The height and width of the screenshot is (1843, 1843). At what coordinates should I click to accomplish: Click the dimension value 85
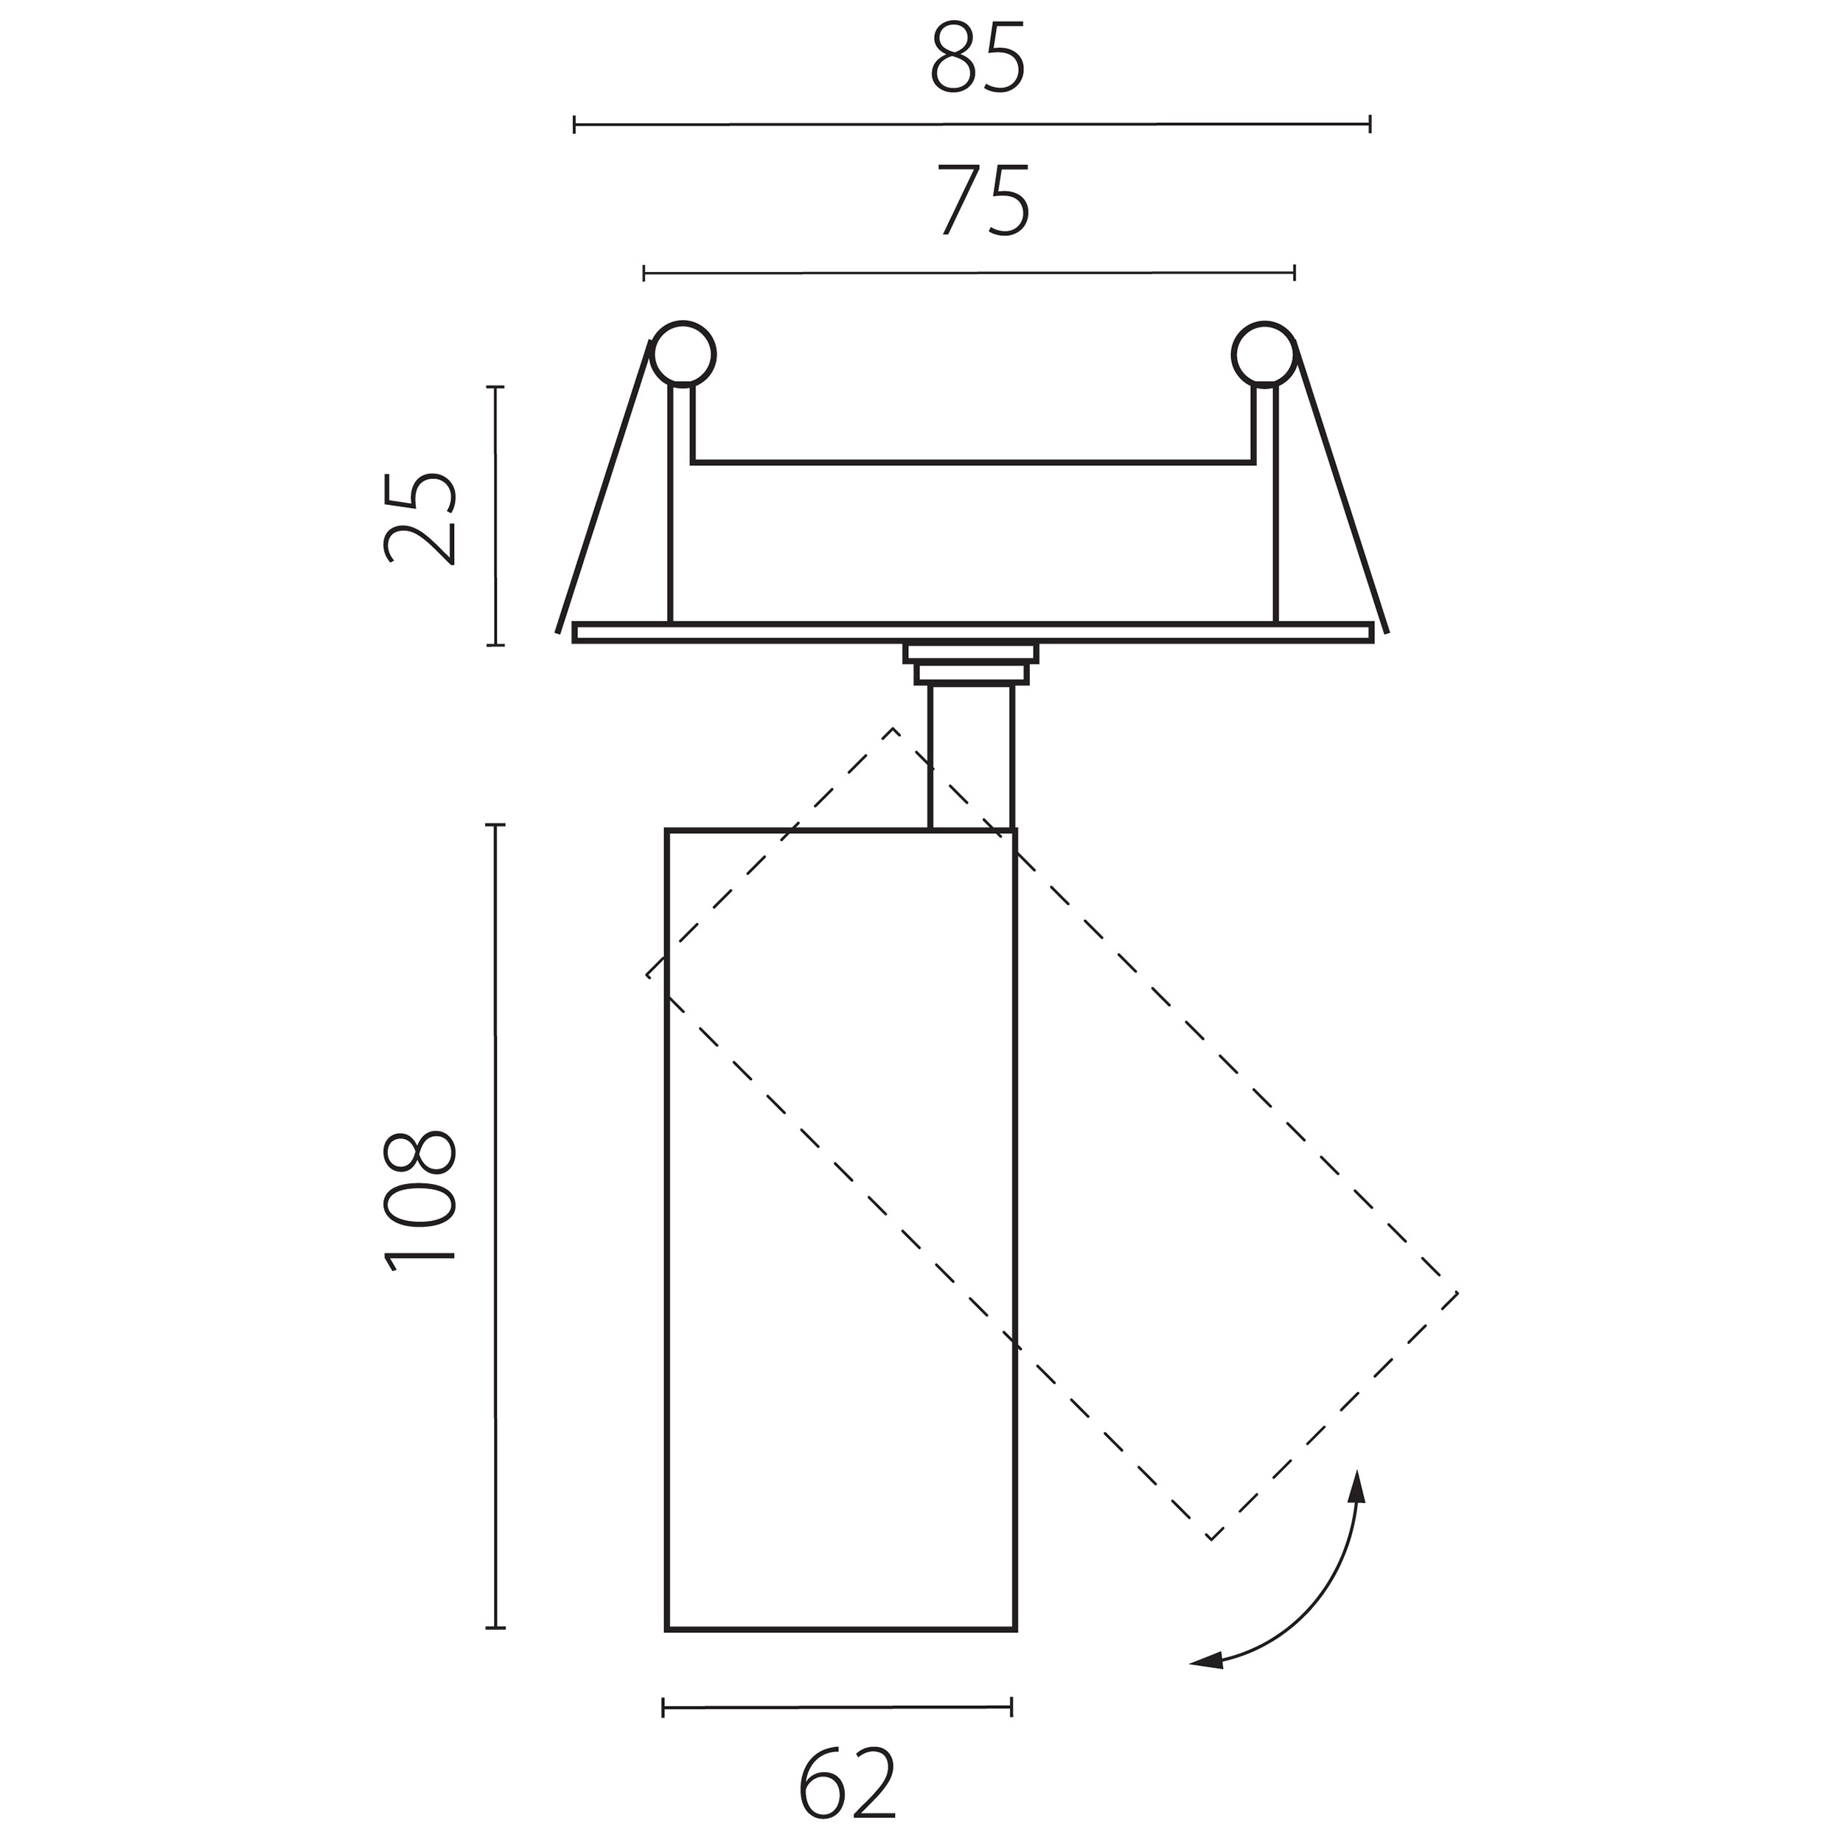coord(978,58)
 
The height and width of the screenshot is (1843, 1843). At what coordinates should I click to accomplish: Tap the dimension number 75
coord(983,201)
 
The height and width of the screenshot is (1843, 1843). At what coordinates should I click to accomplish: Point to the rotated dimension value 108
coord(419,1202)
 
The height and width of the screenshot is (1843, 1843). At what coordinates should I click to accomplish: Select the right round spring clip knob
coord(1264,354)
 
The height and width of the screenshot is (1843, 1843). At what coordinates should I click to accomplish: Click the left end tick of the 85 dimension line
coord(574,124)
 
